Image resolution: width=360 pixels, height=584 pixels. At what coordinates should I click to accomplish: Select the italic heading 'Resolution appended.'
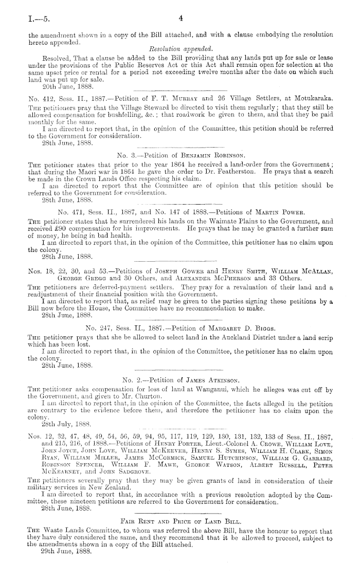(x=178, y=48)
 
